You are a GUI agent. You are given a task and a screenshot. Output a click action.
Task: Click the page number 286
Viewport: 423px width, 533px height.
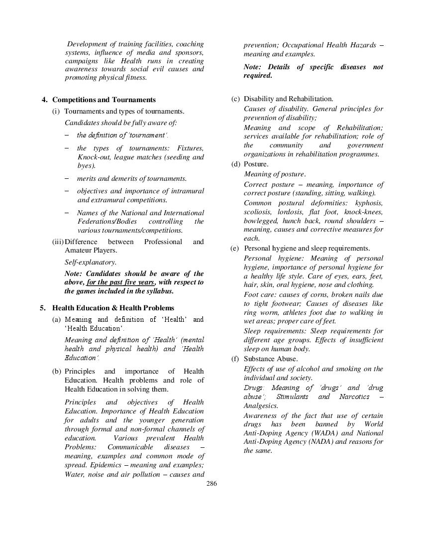[x=211, y=484]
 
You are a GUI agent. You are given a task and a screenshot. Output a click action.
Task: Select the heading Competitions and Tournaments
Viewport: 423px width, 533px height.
[x=104, y=100]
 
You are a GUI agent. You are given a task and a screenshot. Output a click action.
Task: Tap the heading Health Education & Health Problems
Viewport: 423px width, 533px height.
[x=113, y=308]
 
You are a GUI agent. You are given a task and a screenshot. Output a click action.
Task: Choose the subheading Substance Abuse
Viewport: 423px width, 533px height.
[x=271, y=359]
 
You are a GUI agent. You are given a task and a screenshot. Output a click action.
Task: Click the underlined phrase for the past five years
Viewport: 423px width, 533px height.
[x=120, y=282]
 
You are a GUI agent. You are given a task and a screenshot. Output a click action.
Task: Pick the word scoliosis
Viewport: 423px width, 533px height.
[x=257, y=212]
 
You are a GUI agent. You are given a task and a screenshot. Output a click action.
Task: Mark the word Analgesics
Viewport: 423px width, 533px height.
[x=261, y=405]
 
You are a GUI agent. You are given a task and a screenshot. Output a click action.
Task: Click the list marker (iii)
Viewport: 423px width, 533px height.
[x=58, y=242]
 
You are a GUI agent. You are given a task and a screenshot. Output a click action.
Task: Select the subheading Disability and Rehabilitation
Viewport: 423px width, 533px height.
[x=288, y=99]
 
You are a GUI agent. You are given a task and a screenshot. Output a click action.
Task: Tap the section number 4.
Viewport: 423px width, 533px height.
[x=45, y=100]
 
